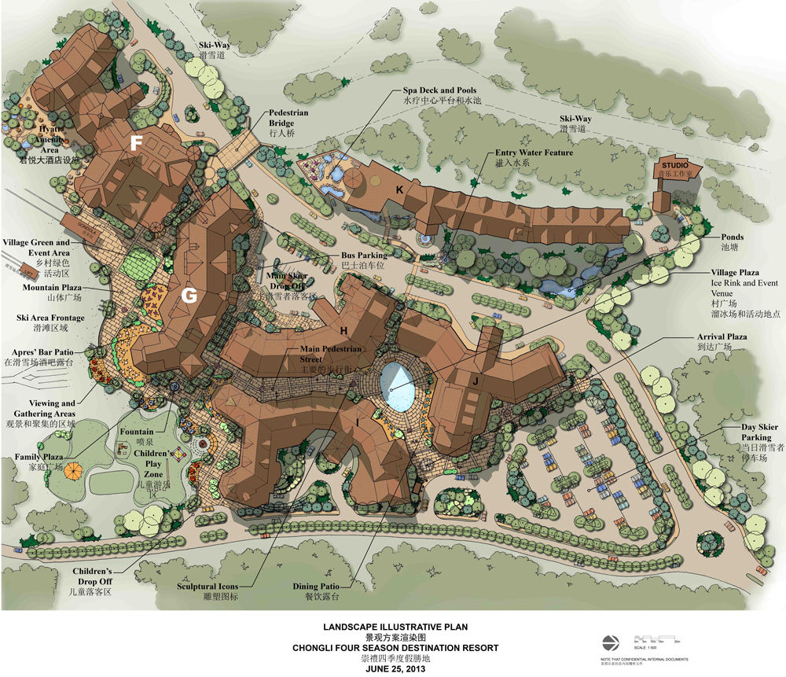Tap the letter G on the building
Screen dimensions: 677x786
(189, 296)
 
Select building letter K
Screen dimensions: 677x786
(399, 189)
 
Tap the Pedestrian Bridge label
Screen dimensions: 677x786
(288, 119)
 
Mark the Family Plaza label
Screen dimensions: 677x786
(39, 457)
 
